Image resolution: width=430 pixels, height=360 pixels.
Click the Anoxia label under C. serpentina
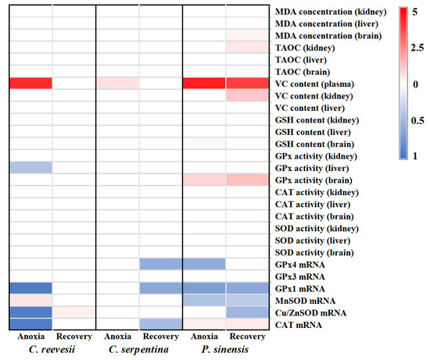[117, 337]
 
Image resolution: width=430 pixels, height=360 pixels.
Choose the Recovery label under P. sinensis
[248, 337]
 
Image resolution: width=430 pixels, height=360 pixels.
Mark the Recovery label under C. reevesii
[73, 337]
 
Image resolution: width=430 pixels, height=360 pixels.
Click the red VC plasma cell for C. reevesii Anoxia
[30, 84]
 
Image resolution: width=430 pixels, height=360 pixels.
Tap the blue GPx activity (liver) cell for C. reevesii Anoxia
[30, 168]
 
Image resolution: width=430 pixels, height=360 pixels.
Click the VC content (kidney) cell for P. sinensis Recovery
[248, 96]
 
